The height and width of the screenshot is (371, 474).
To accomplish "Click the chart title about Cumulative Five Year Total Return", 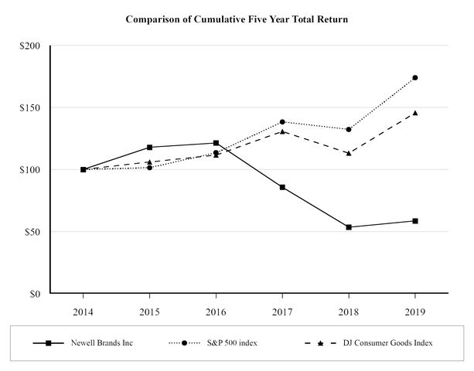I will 237,19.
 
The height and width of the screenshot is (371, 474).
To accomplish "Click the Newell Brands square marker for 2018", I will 349,227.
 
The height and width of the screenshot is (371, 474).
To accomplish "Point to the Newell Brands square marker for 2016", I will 216,143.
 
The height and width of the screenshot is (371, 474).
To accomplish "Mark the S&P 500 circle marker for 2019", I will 415,77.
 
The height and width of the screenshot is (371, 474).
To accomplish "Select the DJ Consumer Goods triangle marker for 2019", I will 415,113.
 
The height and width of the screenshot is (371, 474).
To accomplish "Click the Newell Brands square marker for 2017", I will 282,187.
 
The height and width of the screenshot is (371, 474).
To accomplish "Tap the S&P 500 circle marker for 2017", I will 282,121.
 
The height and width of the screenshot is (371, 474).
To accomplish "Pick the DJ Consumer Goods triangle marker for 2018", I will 349,153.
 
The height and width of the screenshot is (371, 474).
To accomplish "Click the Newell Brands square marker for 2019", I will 415,221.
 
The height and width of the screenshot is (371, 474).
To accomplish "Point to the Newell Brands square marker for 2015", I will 149,147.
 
